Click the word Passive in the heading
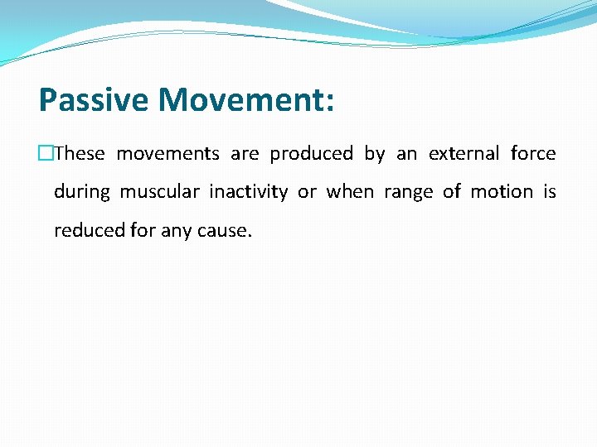95,101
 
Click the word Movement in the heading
238,101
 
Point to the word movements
167,154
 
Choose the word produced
311,155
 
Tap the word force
533,154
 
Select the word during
81,192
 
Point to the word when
349,192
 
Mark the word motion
502,192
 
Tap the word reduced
90,230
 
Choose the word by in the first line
375,155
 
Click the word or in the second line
307,193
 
